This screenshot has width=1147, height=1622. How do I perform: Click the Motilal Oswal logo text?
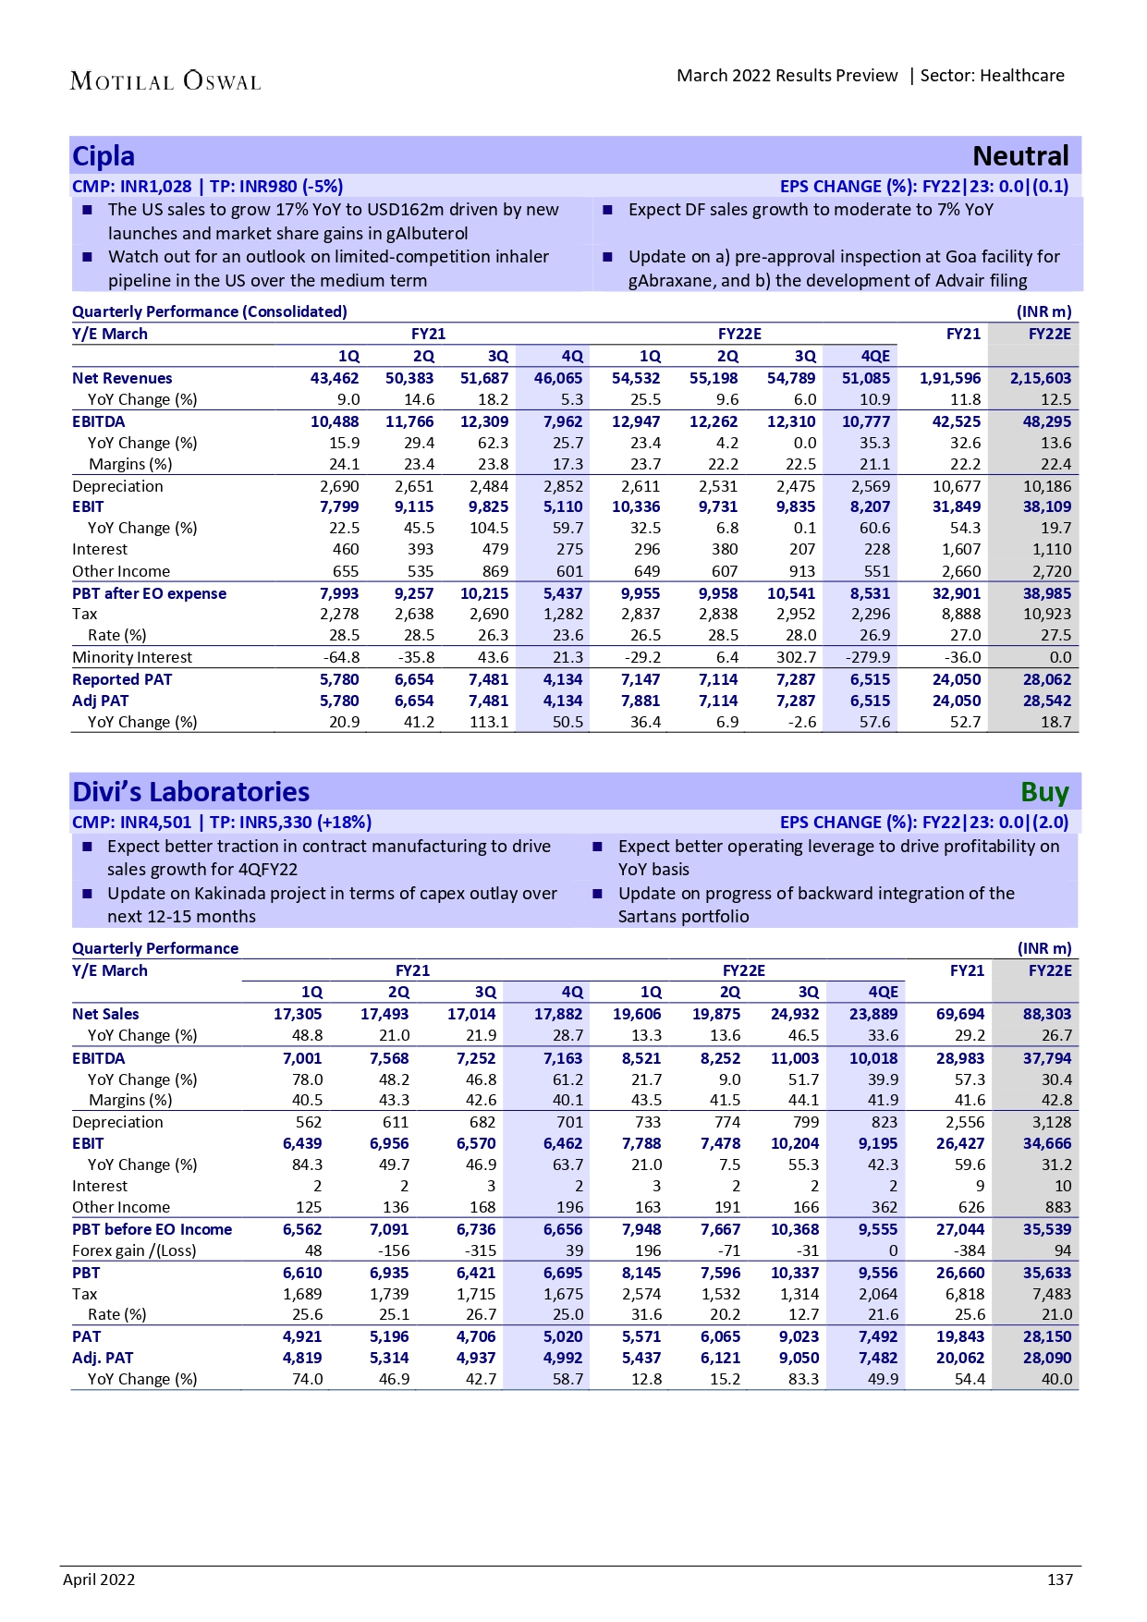click(x=165, y=81)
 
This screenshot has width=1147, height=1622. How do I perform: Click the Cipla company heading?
click(x=104, y=156)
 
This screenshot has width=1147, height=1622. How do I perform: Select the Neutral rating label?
click(x=1020, y=156)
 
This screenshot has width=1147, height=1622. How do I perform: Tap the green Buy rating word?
click(x=1044, y=792)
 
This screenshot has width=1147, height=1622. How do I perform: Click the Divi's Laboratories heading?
click(x=191, y=792)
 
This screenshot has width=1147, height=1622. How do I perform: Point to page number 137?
click(x=1059, y=1579)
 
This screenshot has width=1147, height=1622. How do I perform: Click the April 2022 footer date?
click(x=99, y=1579)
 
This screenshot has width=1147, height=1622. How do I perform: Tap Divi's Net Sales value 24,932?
click(x=794, y=1014)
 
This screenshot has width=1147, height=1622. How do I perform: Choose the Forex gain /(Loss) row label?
click(x=134, y=1250)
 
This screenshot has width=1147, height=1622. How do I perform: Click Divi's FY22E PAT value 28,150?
click(x=1046, y=1336)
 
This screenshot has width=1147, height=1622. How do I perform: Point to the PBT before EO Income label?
click(x=152, y=1229)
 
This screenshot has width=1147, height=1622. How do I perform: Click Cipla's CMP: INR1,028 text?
click(x=131, y=187)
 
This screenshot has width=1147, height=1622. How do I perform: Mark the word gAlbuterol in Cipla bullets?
click(x=422, y=234)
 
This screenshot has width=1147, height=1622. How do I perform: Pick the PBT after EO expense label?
click(x=149, y=593)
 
